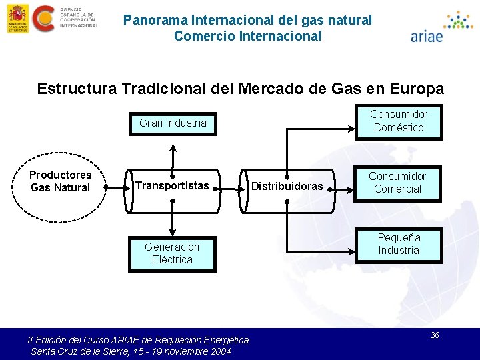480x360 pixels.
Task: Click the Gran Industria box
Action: [173, 123]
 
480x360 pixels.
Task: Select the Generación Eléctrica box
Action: [172, 253]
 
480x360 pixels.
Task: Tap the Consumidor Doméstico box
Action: [398, 121]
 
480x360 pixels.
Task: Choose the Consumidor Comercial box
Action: [398, 183]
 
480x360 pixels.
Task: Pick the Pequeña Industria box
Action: [398, 244]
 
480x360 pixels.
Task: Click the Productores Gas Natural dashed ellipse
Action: [60, 181]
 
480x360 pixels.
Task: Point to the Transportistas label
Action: [172, 185]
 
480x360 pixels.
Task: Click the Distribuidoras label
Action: [287, 186]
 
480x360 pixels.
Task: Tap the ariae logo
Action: [440, 27]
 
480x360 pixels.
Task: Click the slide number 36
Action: [435, 335]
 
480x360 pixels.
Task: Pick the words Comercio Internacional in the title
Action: [247, 36]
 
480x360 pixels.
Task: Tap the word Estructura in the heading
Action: [70, 89]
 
